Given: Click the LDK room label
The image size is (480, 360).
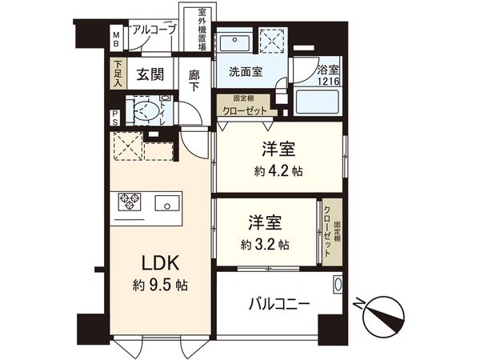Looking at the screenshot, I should [x=155, y=265].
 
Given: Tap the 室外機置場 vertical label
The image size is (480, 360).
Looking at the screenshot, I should [x=202, y=30].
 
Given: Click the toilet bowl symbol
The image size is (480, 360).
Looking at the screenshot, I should [x=144, y=110].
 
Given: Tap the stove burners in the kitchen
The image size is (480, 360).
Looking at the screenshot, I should [x=130, y=202].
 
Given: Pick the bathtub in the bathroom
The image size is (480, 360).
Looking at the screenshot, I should [x=317, y=102].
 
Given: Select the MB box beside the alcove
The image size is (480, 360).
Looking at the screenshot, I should [x=116, y=38].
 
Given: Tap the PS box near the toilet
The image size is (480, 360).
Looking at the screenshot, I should [x=116, y=117].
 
